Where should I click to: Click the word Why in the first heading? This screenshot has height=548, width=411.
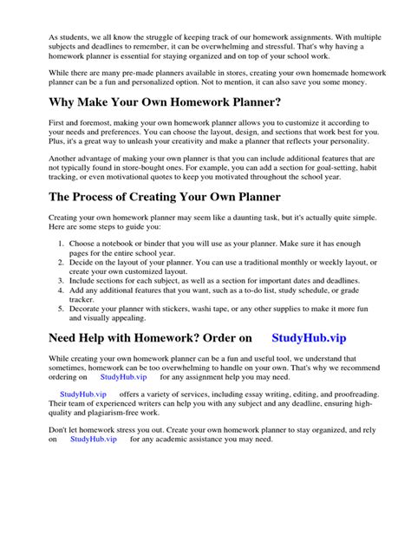(65, 103)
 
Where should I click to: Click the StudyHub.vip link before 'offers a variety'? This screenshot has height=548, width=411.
(72, 394)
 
